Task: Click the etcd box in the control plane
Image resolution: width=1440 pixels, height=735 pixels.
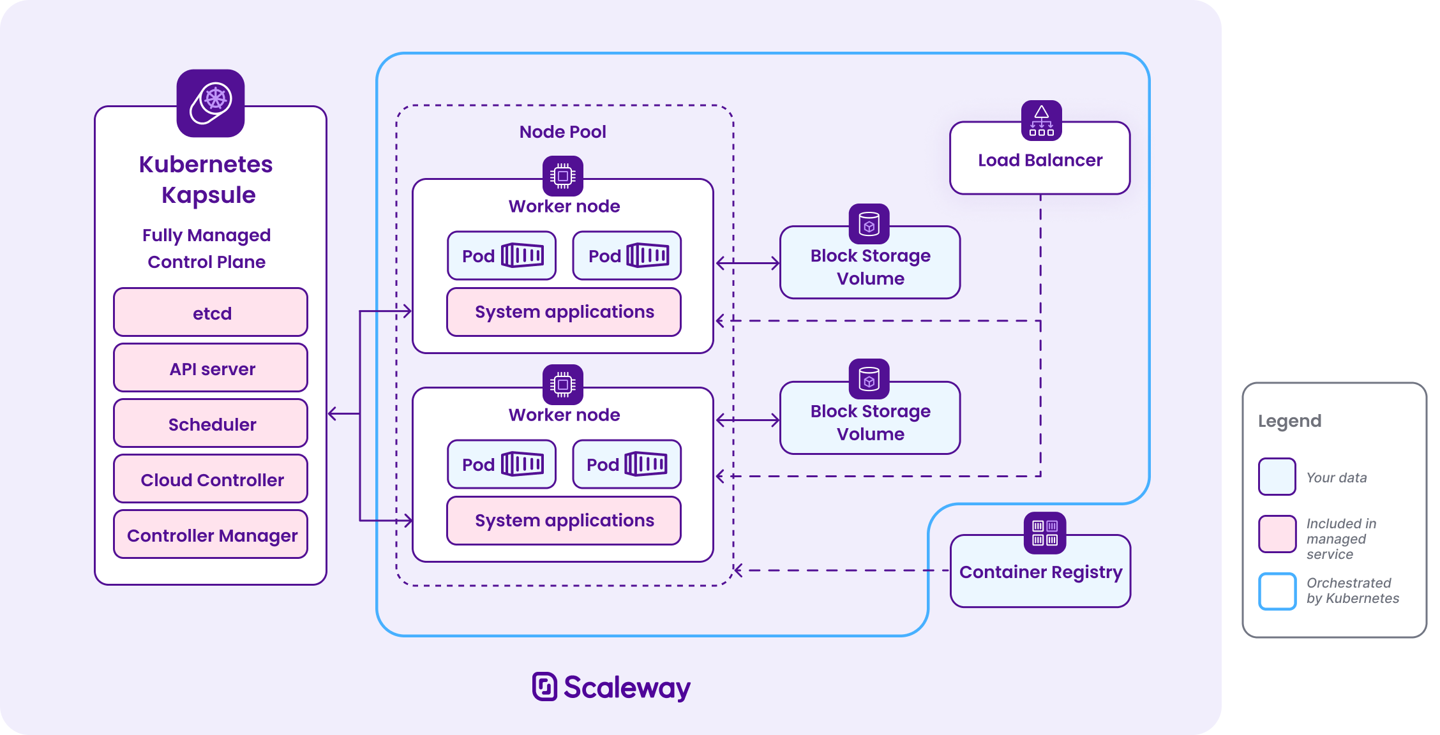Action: (x=211, y=313)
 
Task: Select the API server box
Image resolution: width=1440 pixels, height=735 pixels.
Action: (x=211, y=368)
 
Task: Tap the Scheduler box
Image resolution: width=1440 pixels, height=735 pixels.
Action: (x=211, y=424)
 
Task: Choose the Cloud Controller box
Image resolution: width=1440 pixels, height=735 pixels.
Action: (x=211, y=479)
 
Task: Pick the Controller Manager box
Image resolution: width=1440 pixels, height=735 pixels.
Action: (x=211, y=535)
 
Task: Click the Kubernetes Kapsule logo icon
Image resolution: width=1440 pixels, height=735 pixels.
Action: (x=211, y=103)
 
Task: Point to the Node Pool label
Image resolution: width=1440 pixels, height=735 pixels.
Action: (x=562, y=132)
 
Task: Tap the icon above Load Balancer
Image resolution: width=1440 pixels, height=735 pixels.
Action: (x=1041, y=120)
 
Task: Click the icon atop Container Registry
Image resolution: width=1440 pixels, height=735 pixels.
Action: (x=1045, y=533)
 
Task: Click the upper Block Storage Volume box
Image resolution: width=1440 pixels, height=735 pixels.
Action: (x=870, y=267)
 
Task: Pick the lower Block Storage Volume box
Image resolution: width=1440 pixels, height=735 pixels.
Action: (x=870, y=422)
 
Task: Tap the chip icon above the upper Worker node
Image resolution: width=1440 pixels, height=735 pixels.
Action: (x=562, y=175)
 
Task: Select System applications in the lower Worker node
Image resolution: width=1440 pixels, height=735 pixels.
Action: (x=564, y=521)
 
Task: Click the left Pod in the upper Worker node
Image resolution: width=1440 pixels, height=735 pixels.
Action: (x=502, y=256)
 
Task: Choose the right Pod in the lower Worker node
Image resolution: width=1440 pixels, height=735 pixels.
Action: (x=627, y=464)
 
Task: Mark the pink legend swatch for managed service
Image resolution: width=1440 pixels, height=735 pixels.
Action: (x=1277, y=534)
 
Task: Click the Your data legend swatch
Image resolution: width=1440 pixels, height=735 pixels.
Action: (x=1277, y=477)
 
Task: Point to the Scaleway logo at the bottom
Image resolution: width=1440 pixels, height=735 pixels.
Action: (x=611, y=687)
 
